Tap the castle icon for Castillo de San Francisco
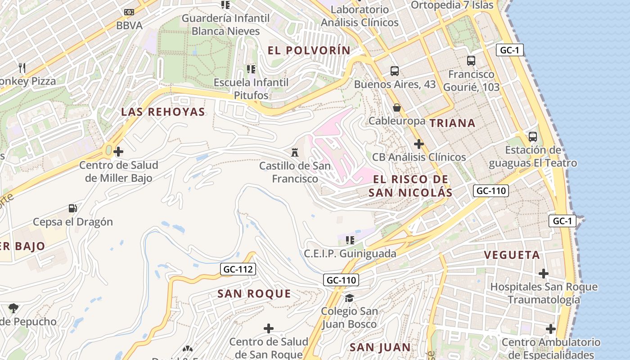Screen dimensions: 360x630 click(295, 152)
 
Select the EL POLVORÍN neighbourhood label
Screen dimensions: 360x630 click(309, 50)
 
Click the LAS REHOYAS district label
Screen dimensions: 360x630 click(163, 112)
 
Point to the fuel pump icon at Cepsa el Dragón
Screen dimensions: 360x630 click(72, 208)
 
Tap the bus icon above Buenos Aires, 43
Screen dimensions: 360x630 click(395, 71)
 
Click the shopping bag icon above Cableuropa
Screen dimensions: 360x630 click(397, 107)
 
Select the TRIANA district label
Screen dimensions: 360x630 click(452, 123)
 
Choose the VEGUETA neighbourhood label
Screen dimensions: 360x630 click(512, 255)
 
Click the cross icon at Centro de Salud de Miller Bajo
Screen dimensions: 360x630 click(118, 152)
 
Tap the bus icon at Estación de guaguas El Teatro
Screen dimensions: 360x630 click(533, 136)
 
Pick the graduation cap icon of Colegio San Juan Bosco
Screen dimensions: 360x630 click(349, 298)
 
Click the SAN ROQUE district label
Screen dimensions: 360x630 click(254, 294)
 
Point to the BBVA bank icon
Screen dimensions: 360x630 click(129, 12)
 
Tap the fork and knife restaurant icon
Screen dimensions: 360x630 click(22, 68)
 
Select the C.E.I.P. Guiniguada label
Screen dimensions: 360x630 click(350, 253)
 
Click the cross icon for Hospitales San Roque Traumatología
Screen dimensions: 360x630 click(544, 273)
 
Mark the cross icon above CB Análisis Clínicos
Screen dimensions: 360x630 click(419, 144)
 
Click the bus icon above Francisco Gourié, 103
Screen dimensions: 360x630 click(471, 60)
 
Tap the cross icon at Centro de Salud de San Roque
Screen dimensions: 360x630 click(269, 328)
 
